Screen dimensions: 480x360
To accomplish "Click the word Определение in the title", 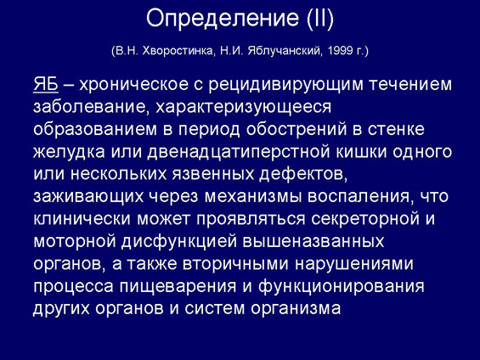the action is click(223, 19).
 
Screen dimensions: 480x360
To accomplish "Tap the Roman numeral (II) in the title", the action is click(319, 19).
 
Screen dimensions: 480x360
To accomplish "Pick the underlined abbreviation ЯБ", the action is click(46, 84).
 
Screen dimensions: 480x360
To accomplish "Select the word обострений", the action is click(296, 130).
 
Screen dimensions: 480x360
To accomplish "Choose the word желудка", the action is click(69, 153).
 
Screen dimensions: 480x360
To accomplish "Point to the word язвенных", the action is click(213, 174).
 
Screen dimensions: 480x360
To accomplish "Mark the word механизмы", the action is click(253, 197).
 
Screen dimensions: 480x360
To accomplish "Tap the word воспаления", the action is click(359, 197).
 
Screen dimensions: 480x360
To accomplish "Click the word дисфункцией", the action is click(179, 242).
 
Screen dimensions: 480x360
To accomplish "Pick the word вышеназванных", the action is click(313, 242).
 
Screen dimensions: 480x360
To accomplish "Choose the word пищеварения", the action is click(178, 287).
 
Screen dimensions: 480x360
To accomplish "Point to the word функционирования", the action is click(342, 287).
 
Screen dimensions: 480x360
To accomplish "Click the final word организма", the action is click(296, 309).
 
